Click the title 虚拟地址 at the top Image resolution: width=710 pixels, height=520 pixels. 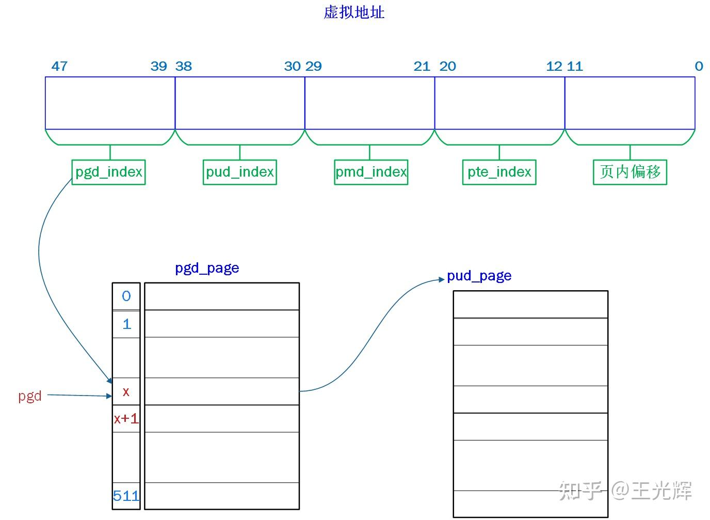click(354, 12)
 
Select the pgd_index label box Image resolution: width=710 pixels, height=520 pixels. click(108, 172)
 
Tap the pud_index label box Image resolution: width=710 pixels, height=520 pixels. click(240, 172)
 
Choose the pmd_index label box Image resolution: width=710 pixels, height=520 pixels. click(371, 172)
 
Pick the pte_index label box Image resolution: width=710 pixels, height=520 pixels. click(499, 172)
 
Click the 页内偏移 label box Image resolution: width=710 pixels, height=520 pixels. click(630, 172)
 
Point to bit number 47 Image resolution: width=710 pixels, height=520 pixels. click(59, 66)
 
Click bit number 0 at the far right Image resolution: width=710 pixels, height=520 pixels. click(699, 66)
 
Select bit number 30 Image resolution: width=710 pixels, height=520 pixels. click(292, 66)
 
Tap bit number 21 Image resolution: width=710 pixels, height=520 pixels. click(422, 66)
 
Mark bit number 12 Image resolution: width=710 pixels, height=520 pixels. click(554, 66)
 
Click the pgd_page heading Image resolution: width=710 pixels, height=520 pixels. click(207, 268)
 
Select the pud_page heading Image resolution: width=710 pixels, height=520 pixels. click(479, 276)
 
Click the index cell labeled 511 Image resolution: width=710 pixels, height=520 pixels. click(126, 496)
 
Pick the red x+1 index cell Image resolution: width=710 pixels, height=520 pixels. click(126, 418)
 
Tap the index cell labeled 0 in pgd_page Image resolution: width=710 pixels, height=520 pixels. click(126, 296)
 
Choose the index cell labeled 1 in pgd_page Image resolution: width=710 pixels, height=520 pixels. click(126, 324)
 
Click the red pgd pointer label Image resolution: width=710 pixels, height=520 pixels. click(30, 396)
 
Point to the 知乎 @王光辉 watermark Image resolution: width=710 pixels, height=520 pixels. click(625, 490)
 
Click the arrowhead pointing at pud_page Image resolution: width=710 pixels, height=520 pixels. click(441, 279)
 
